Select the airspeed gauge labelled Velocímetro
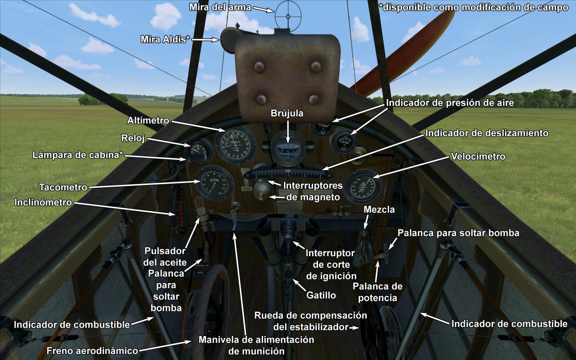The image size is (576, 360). click(x=363, y=186)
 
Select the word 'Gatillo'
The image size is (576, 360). click(x=321, y=295)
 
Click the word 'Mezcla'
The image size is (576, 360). click(x=379, y=210)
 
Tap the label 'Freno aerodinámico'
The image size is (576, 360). click(x=92, y=351)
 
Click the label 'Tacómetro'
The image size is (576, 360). click(x=63, y=188)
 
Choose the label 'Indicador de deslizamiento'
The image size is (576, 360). click(x=487, y=133)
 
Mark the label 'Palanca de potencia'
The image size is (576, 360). click(x=377, y=292)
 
